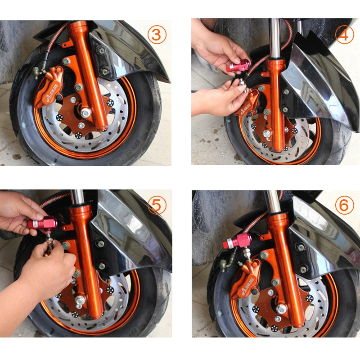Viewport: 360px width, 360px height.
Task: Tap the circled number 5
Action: [x=156, y=205]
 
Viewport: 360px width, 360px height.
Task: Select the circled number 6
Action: [x=344, y=205]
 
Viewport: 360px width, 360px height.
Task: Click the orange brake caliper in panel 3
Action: [x=50, y=86]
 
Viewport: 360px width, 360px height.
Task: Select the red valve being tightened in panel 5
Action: [x=43, y=222]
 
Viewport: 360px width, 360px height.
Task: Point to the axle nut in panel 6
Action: [x=281, y=309]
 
